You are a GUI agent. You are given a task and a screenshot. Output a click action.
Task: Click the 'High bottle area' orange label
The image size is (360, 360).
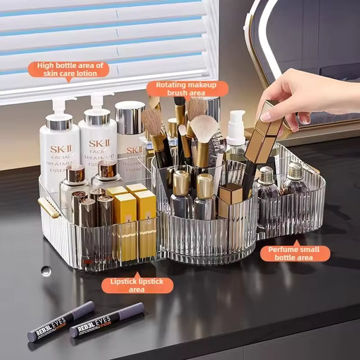[70, 69]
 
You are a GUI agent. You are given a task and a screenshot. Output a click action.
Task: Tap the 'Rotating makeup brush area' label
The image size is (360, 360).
[187, 88]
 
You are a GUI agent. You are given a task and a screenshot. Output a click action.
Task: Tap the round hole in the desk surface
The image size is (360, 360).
[45, 271]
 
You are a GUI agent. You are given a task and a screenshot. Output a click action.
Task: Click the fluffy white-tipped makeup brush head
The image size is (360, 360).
[203, 128]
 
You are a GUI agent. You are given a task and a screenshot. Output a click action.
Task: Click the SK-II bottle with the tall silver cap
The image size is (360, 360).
[130, 135]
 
